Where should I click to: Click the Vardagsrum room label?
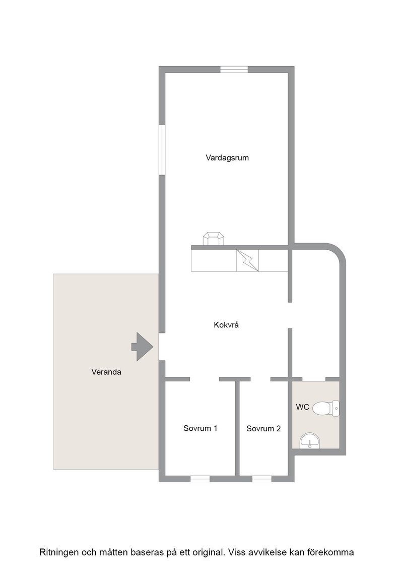point(227,158)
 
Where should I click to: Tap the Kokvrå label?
point(226,325)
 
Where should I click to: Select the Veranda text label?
point(106,372)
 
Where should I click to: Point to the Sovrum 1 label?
point(201,428)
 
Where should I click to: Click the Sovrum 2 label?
point(263,428)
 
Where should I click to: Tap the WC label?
point(303,407)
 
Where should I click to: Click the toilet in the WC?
point(325,409)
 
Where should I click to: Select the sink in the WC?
point(310,441)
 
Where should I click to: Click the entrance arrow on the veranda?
point(143,347)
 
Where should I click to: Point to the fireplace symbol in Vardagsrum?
point(214,239)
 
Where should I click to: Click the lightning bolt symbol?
point(247,260)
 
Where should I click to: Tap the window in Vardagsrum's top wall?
point(234,70)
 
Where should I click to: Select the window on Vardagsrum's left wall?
point(162,150)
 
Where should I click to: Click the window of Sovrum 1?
point(200,479)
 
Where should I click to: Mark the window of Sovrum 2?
point(262,479)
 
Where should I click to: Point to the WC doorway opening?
point(314,379)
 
